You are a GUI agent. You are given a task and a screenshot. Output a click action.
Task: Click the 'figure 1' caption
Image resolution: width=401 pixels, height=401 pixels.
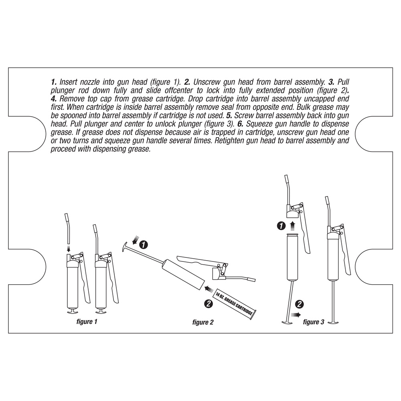click(86, 322)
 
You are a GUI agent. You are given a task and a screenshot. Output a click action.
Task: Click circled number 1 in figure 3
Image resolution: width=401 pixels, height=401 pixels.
click(282, 226)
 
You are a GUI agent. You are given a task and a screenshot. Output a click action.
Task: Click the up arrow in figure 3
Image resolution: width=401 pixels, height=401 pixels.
click(292, 224)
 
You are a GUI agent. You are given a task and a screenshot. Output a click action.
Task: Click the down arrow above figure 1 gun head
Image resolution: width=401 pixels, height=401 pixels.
click(69, 249)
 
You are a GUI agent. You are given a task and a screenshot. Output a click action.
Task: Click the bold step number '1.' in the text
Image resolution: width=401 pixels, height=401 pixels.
click(54, 81)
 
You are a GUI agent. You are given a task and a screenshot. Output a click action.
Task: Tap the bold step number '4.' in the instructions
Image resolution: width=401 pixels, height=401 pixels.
click(54, 98)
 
